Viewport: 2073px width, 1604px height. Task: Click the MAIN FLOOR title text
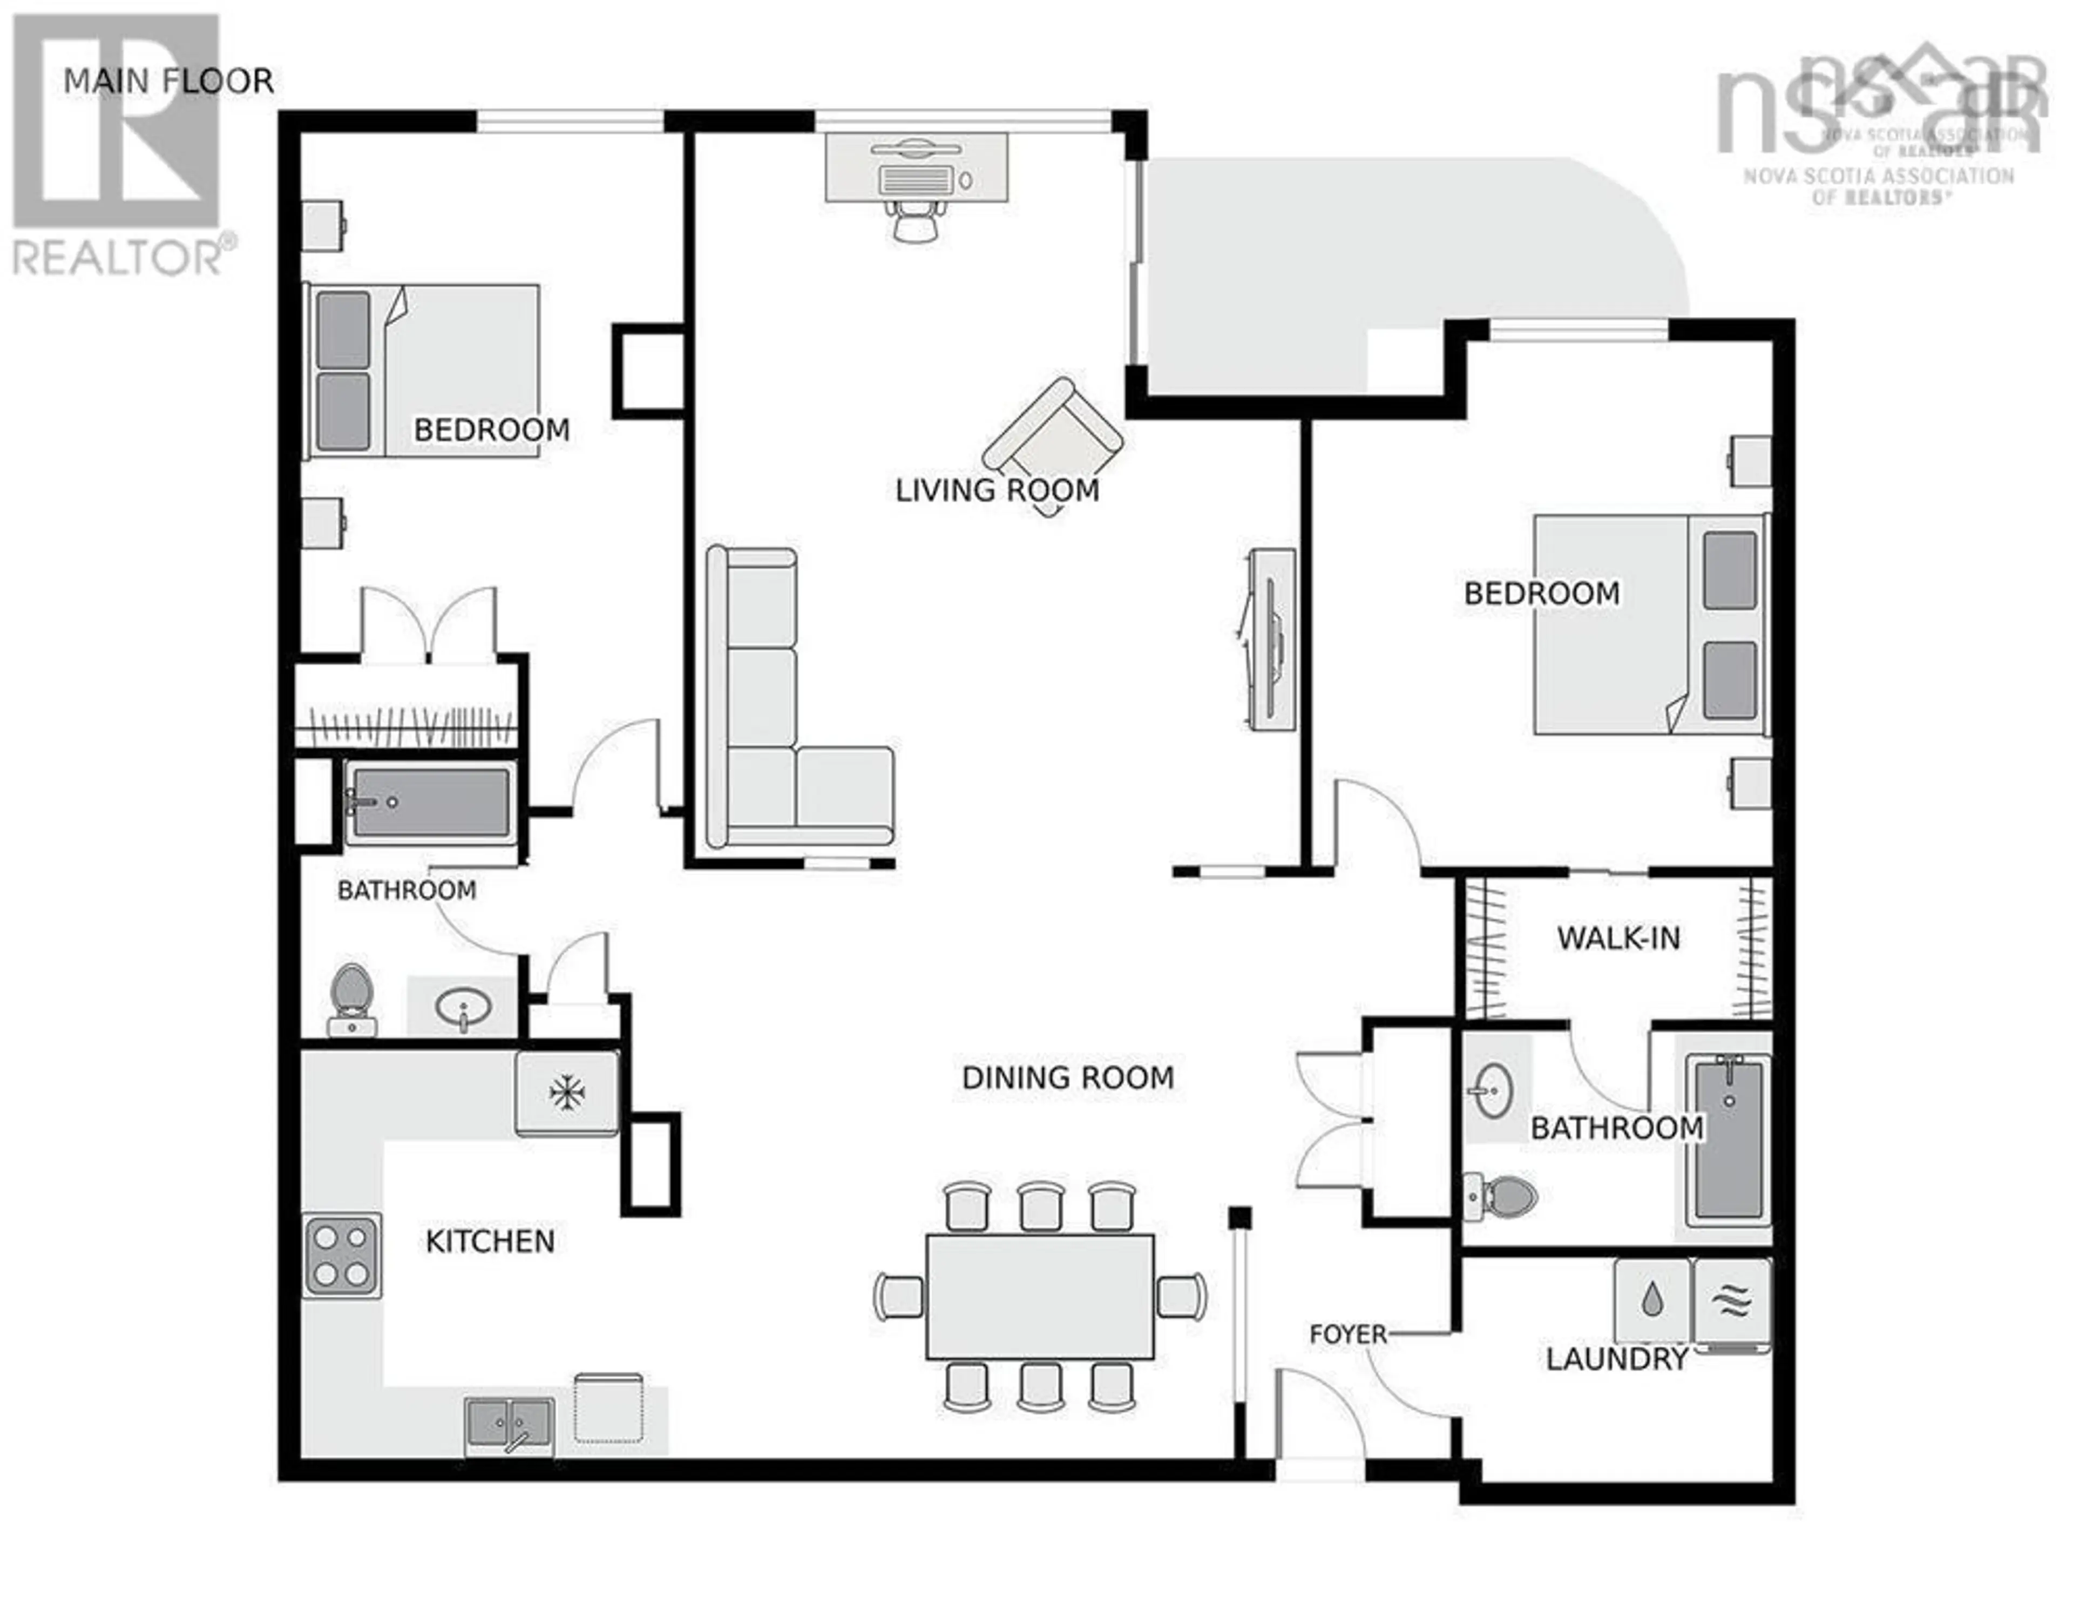tap(168, 82)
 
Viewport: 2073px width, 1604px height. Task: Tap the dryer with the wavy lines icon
tap(1732, 1301)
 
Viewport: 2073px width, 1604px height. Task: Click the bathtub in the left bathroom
tap(431, 803)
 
